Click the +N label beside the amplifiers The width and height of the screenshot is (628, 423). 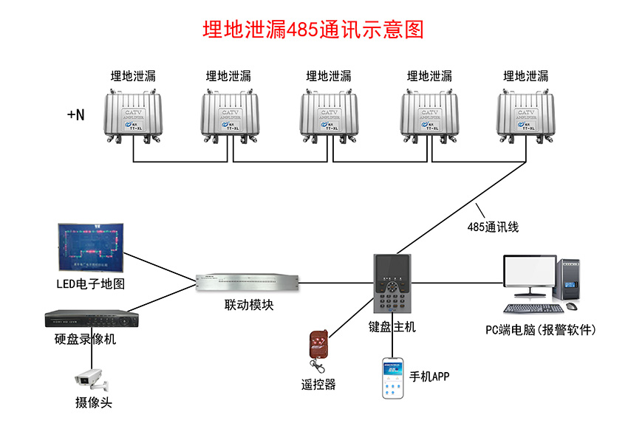[x=75, y=114]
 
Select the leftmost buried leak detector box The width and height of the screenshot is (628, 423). [x=133, y=114]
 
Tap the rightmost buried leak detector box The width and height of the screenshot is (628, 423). [x=527, y=114]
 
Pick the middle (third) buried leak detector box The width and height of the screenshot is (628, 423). [x=330, y=114]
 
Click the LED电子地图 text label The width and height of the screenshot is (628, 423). [x=91, y=283]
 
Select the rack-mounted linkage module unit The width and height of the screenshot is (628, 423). [x=248, y=281]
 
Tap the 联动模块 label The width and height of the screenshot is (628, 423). [x=249, y=304]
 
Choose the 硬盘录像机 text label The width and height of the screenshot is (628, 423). [x=85, y=340]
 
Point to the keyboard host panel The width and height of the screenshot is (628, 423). [x=392, y=284]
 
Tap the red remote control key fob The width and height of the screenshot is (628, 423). [x=318, y=346]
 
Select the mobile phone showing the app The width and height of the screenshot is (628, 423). [x=393, y=378]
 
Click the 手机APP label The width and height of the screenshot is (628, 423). [x=429, y=376]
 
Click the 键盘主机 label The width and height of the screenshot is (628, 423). [x=392, y=326]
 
